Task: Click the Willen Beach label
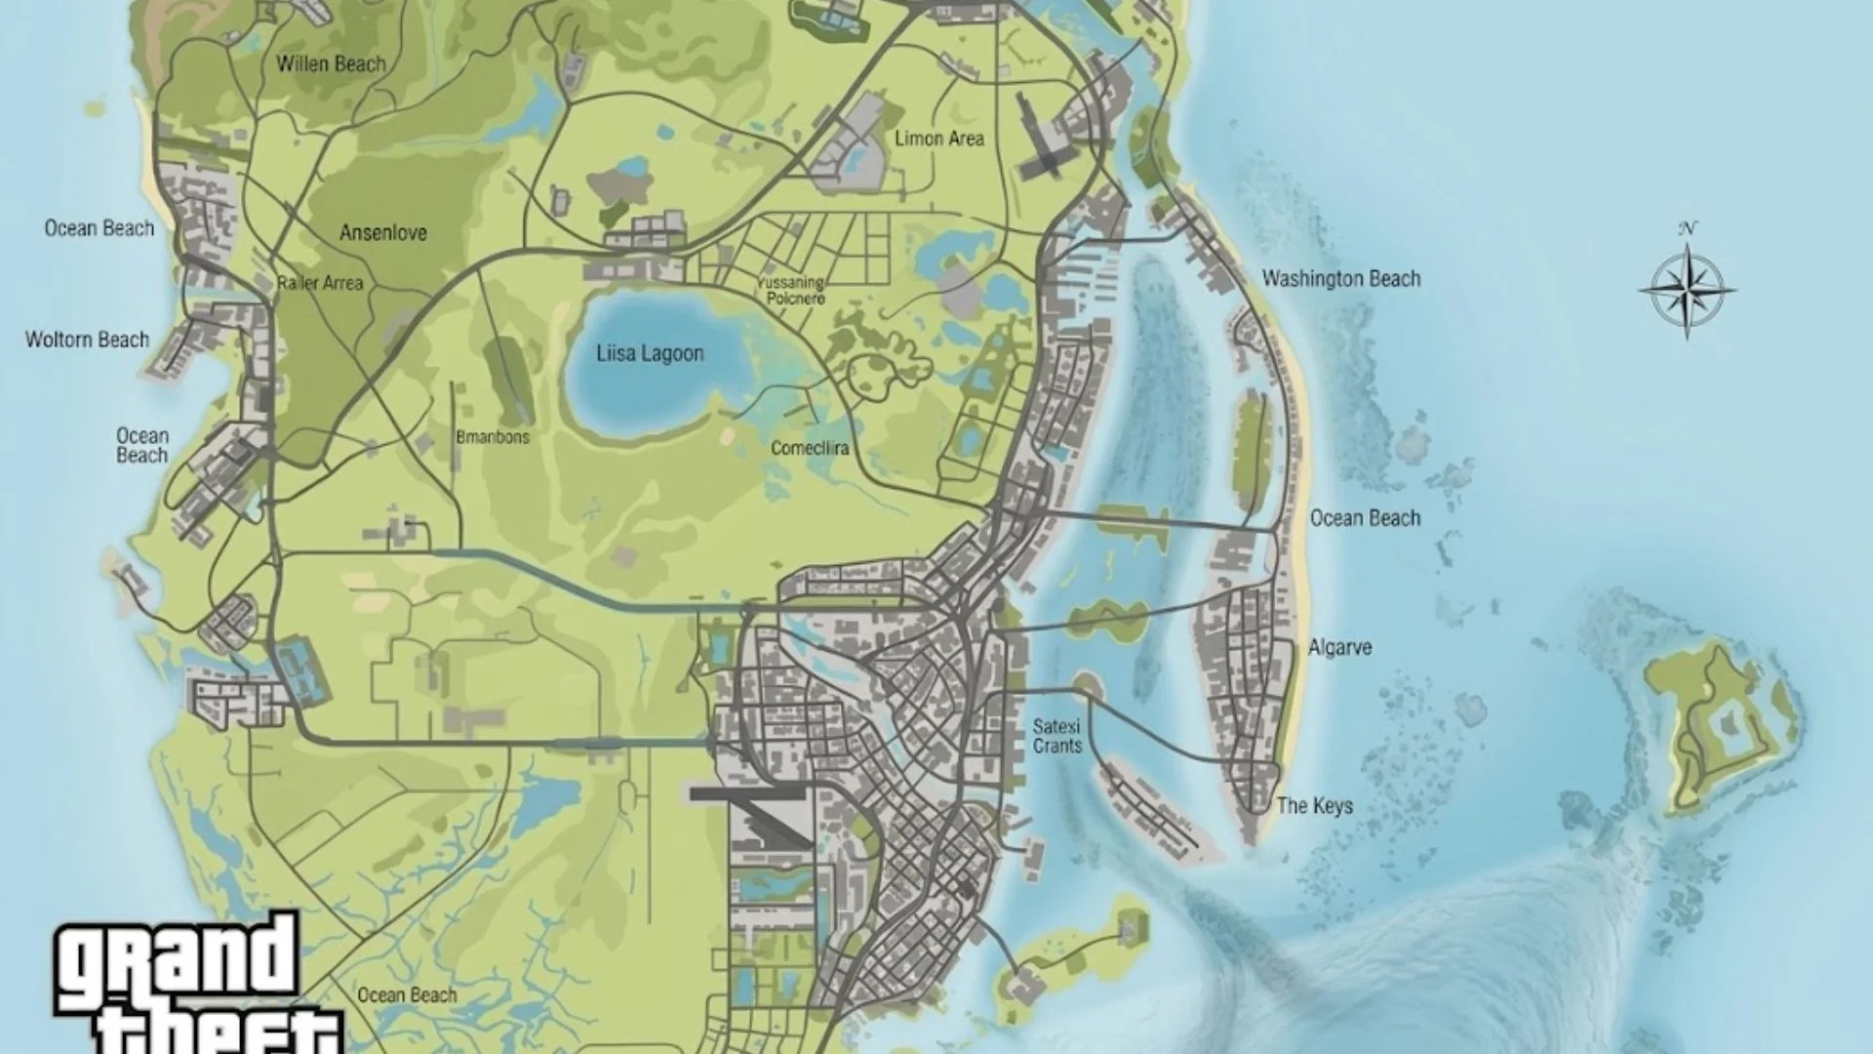[331, 64]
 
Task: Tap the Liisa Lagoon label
[650, 353]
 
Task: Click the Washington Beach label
[1340, 279]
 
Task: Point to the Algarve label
[1339, 647]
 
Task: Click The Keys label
[1314, 806]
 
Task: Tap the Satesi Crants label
[1057, 737]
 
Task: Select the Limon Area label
[938, 139]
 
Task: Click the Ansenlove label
[382, 233]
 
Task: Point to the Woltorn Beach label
[87, 340]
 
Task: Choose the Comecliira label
[809, 449]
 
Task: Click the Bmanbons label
[492, 437]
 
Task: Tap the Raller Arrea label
[320, 283]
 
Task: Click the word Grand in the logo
[176, 961]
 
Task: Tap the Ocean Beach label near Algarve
[1364, 518]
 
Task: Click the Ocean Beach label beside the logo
[407, 995]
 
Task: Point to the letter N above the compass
[1688, 228]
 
